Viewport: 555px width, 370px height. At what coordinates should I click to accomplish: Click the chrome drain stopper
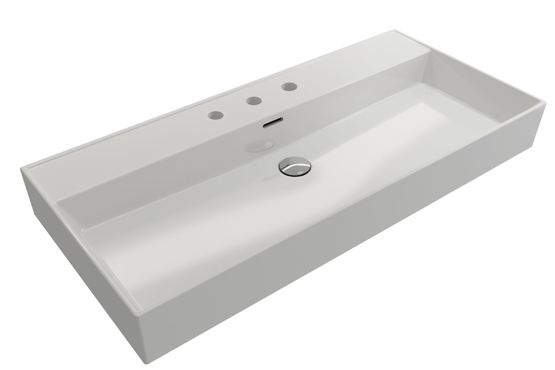point(294,167)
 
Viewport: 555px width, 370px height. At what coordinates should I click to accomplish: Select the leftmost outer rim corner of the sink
point(21,168)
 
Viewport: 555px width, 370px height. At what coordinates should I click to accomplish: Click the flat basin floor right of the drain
point(385,148)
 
